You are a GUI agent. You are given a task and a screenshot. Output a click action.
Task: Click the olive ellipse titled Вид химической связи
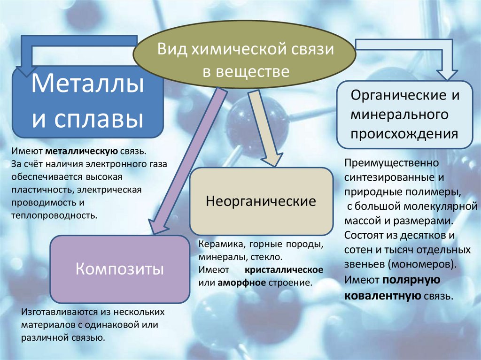[x=245, y=59]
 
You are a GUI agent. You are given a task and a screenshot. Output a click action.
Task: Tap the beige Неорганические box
[x=261, y=202]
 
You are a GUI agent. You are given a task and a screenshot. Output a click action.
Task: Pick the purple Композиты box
[x=119, y=269]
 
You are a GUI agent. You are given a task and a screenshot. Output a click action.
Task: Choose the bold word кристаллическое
[x=283, y=270]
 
